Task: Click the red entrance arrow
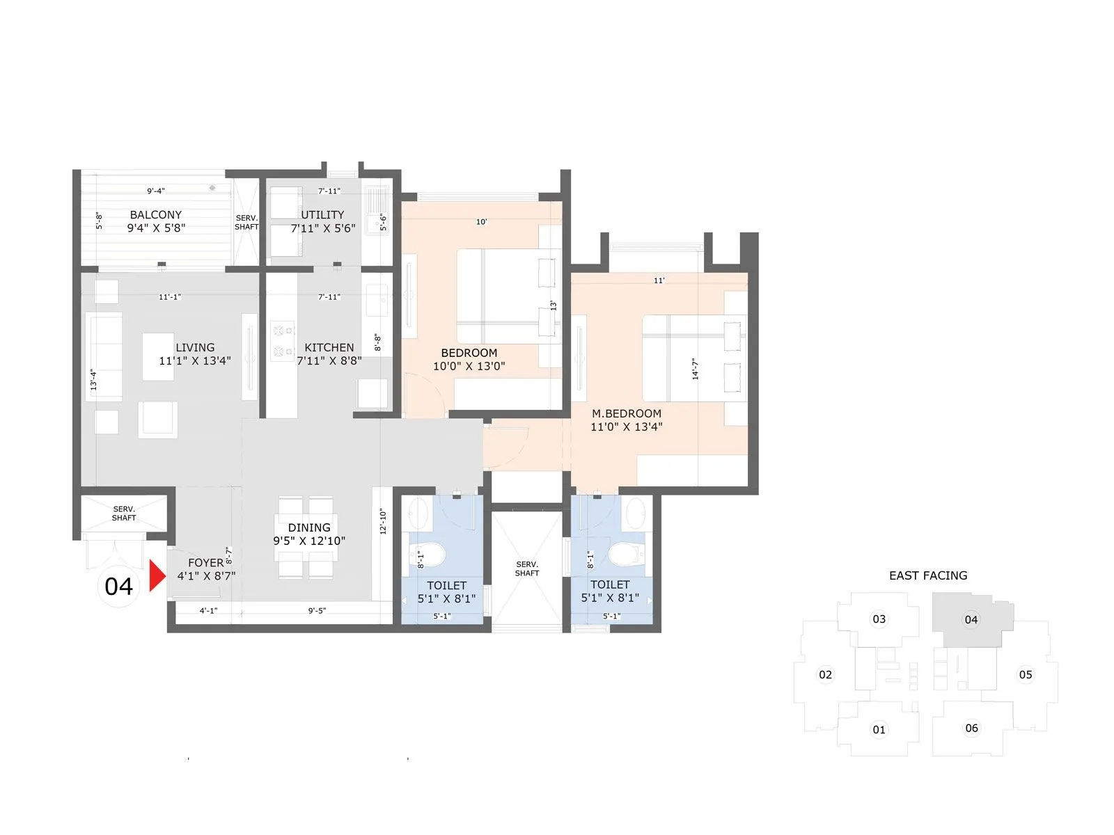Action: pos(157,576)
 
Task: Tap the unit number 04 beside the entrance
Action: pos(118,587)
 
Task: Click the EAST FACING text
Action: pos(928,575)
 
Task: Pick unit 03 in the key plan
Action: pos(879,619)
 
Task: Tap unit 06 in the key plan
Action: pos(971,729)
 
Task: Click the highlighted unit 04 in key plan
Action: pos(971,619)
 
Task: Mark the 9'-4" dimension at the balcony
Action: pos(156,191)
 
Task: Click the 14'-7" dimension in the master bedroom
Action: pos(695,369)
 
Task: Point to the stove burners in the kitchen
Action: pos(282,340)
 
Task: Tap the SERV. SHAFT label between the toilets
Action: pos(527,568)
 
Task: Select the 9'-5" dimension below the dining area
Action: pos(317,611)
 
